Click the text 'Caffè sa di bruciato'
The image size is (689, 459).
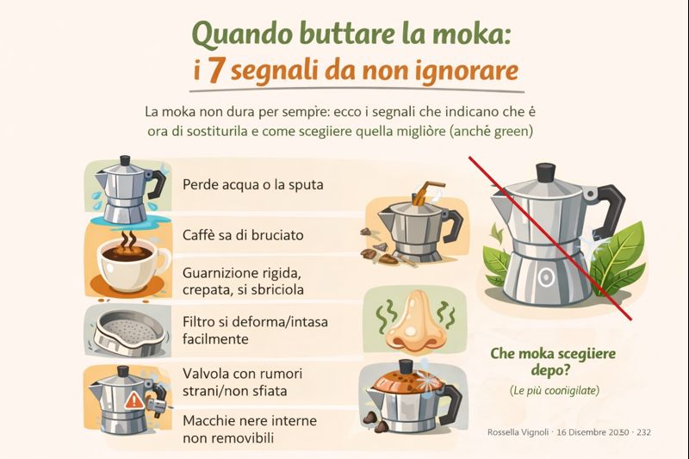[244, 234]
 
